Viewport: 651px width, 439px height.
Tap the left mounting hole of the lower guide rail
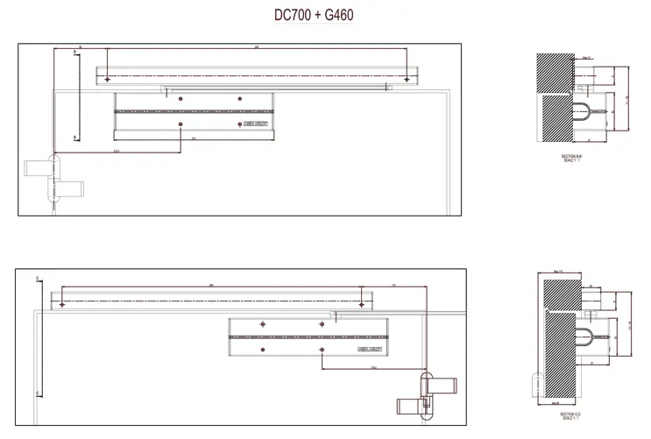[63, 303]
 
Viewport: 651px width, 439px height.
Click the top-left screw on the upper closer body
[180, 100]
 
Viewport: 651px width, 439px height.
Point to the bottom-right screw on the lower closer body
[322, 350]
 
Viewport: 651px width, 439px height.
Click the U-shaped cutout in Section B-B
[584, 110]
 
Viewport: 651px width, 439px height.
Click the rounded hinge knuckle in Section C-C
[533, 383]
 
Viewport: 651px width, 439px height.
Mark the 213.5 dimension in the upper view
[117, 151]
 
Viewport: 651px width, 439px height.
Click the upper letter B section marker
[76, 53]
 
